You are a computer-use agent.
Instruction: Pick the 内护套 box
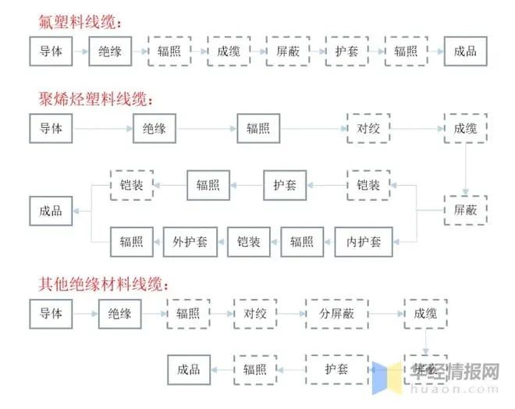364,241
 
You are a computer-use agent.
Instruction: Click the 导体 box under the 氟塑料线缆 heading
51,52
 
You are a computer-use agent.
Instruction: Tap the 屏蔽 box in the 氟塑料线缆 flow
287,52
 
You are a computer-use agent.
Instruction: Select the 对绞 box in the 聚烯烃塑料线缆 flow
368,128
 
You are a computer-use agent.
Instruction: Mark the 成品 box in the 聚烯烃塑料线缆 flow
51,211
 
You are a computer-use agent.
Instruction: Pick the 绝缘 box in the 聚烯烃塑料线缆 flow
154,128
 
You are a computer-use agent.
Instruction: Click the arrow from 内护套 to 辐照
329,241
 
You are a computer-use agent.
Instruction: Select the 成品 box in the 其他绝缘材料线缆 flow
189,369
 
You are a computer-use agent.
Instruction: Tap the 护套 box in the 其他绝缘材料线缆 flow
336,369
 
